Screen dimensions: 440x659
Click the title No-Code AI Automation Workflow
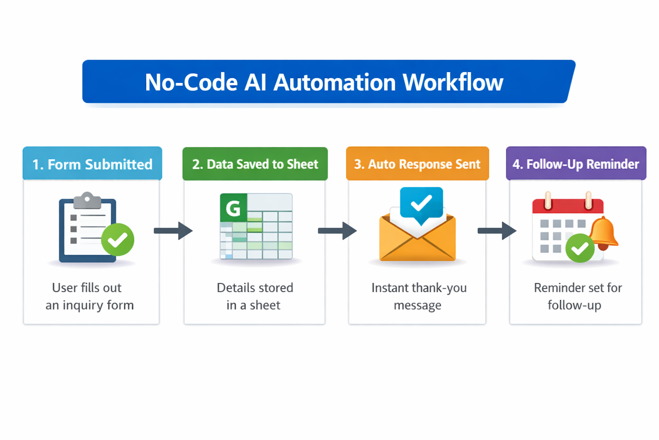[324, 82]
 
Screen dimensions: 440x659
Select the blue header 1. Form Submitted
[92, 164]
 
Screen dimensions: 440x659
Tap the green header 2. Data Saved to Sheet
[255, 164]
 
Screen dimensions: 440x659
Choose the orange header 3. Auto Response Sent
[417, 164]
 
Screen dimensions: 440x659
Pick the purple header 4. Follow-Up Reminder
[576, 164]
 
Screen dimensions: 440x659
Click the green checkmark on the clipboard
[118, 240]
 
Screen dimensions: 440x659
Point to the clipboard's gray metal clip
[87, 200]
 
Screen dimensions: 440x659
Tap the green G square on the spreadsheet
[233, 208]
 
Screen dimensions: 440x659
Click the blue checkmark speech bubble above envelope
[421, 204]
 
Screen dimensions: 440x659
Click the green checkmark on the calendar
[580, 248]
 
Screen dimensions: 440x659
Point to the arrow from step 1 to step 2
[173, 231]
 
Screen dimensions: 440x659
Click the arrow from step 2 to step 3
[337, 231]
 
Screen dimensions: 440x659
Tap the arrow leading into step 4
[497, 231]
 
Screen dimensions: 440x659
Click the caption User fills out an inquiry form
[89, 296]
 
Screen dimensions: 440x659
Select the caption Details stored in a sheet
[254, 296]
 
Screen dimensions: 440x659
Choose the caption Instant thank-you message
[418, 296]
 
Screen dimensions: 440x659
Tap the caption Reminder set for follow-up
[577, 296]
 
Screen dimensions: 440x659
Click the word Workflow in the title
[453, 82]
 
